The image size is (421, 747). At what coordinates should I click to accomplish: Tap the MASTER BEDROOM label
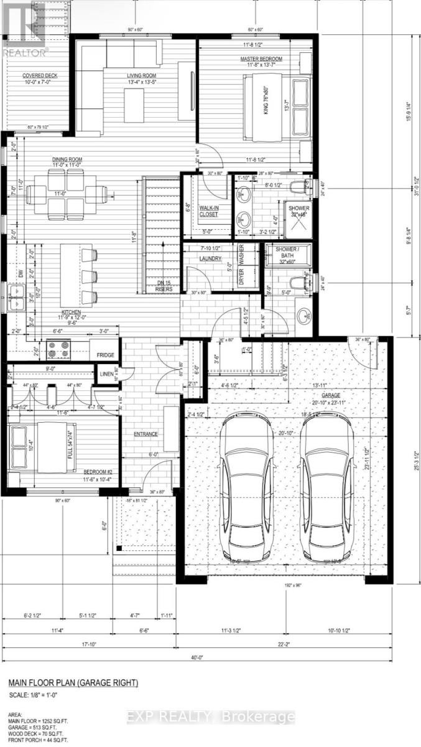262,59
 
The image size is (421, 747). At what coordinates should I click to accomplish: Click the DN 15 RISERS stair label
164,286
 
